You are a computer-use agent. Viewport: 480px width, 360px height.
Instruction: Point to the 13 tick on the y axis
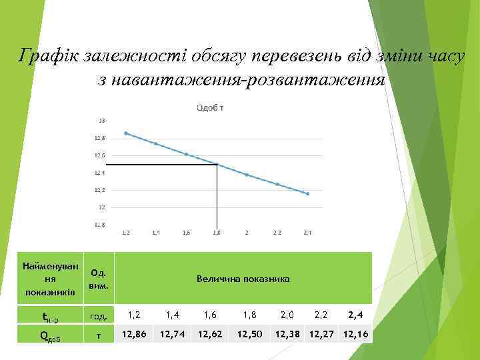pos(101,121)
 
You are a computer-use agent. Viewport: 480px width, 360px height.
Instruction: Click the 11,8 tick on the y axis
pos(99,225)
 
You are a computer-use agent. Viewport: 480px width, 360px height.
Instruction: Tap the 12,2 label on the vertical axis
pos(99,190)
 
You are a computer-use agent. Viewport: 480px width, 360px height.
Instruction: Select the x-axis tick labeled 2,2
pos(277,233)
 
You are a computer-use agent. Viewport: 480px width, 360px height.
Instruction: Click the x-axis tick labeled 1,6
pos(186,233)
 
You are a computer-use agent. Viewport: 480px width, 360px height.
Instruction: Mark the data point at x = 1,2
pos(125,133)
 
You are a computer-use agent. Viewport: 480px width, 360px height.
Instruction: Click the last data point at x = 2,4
pos(308,193)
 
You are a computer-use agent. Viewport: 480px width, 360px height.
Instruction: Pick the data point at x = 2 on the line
pos(247,175)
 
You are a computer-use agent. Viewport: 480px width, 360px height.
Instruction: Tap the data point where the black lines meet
pos(217,164)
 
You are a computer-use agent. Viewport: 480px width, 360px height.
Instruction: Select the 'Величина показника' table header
pos(243,279)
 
